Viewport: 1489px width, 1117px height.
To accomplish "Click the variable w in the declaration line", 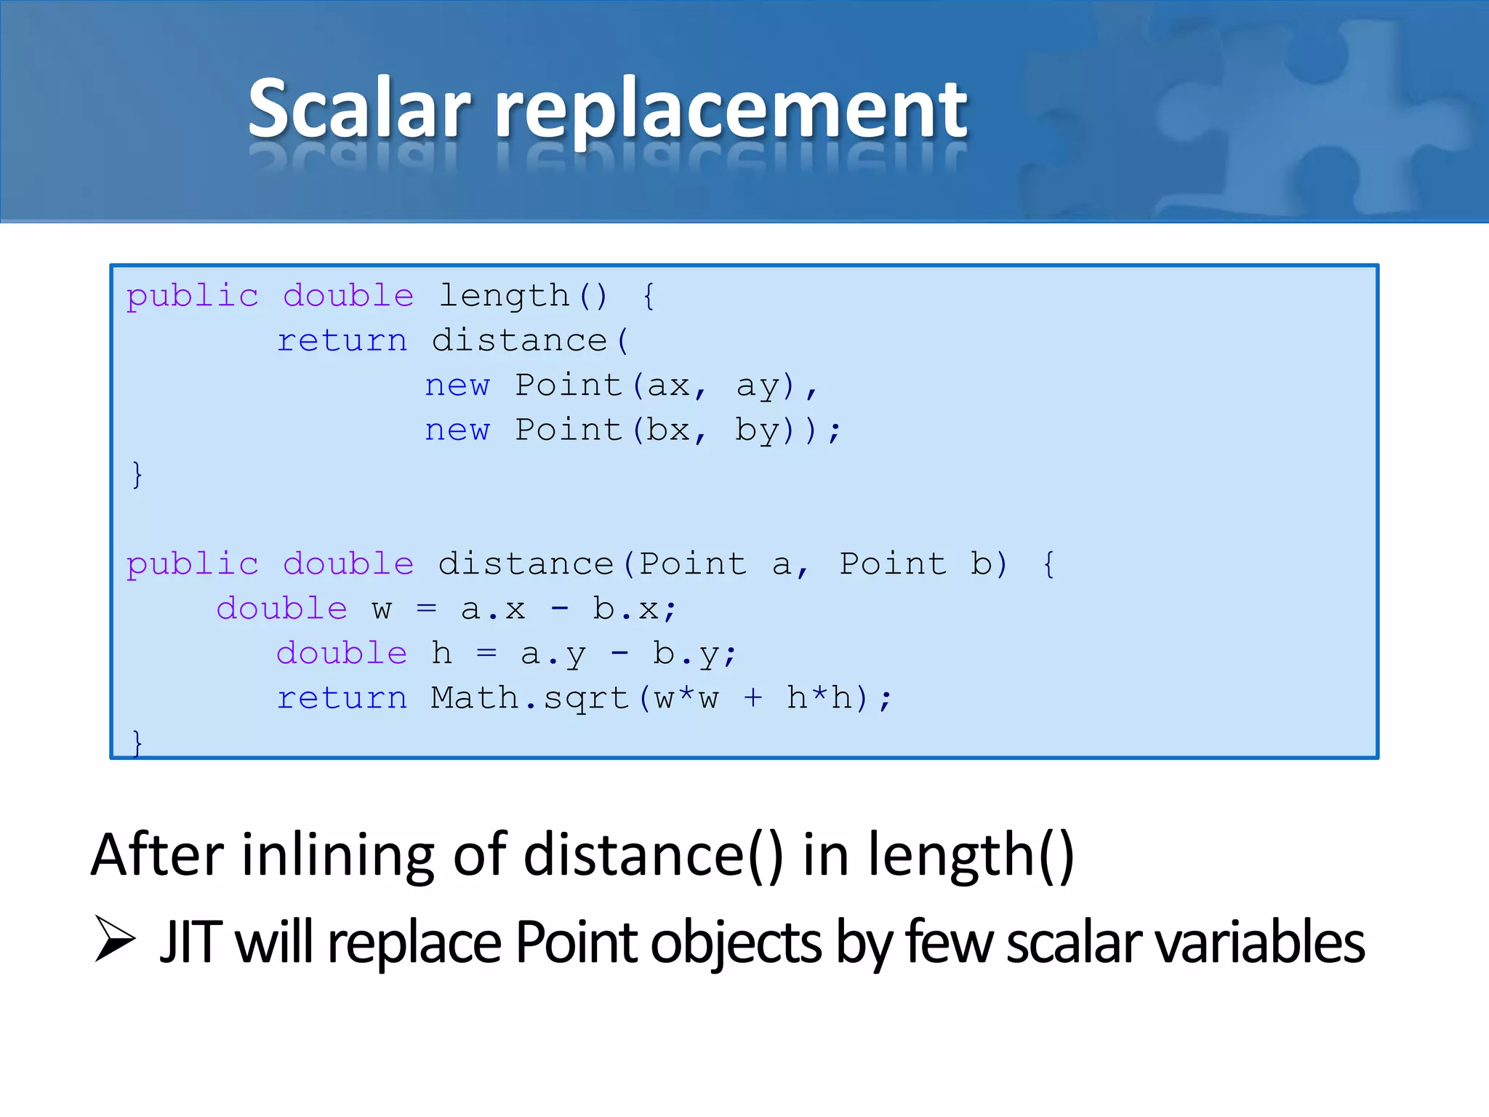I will [382, 609].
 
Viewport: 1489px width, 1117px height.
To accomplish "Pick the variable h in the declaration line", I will [441, 654].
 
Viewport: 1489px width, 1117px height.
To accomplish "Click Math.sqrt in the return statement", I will [529, 698].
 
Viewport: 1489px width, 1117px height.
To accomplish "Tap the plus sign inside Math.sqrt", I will [753, 698].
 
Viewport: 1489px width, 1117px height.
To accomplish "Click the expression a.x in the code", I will [492, 609].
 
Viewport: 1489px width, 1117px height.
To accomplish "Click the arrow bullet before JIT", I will [115, 940].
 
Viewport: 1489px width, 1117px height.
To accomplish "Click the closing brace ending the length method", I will [137, 475].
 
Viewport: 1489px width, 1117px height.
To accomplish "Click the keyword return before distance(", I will [342, 341].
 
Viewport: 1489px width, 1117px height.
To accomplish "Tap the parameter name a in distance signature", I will [782, 564].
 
